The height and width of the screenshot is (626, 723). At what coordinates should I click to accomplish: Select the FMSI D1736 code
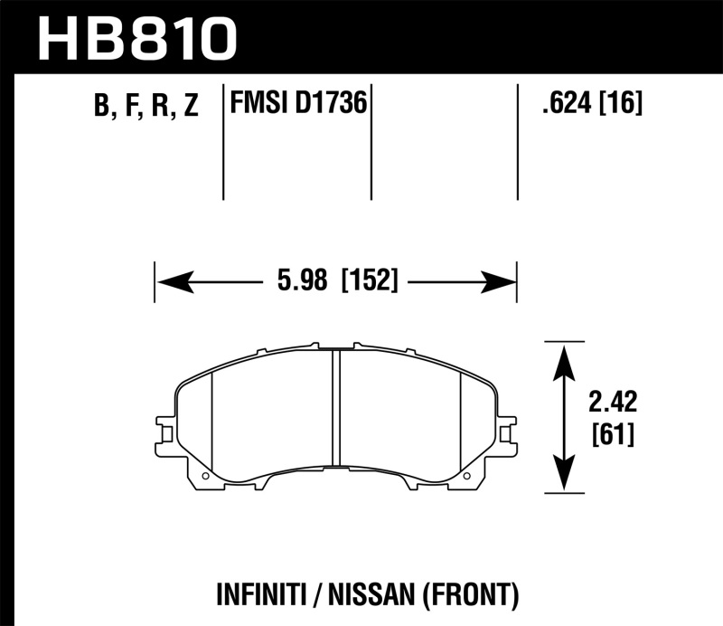tap(298, 104)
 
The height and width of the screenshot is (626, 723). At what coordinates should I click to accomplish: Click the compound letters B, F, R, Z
tap(146, 106)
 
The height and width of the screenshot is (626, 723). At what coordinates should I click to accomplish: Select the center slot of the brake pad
tap(335, 406)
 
